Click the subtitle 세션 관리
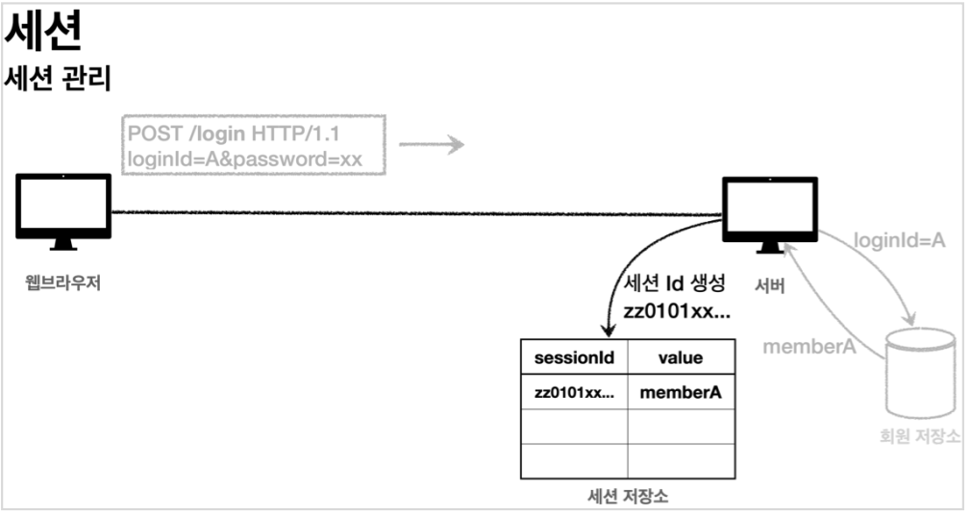point(59,79)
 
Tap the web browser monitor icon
point(63,209)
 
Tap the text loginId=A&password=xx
point(244,159)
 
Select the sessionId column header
point(574,357)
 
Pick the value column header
point(680,357)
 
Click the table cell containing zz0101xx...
point(574,392)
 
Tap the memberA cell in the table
point(681,392)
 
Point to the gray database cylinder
point(921,369)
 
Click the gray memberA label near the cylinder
point(809,346)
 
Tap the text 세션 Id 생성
point(676,285)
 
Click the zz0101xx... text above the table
point(677,313)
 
